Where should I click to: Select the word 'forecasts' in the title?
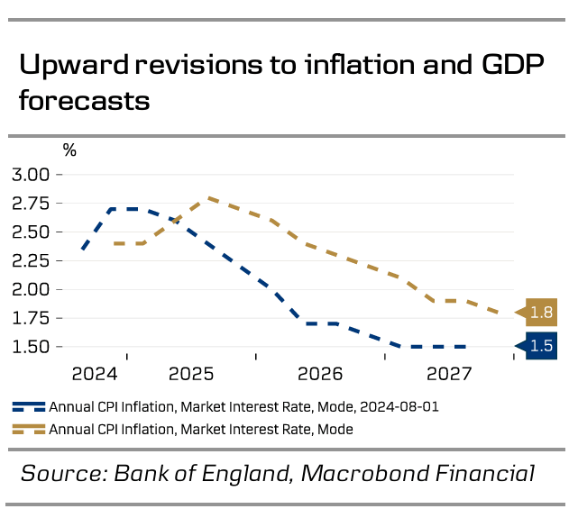84,100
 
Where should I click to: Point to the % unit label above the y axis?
69,150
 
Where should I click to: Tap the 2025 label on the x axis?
191,373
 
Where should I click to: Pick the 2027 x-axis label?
448,373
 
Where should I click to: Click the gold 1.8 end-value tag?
542,313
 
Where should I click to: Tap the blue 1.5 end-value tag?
542,346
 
